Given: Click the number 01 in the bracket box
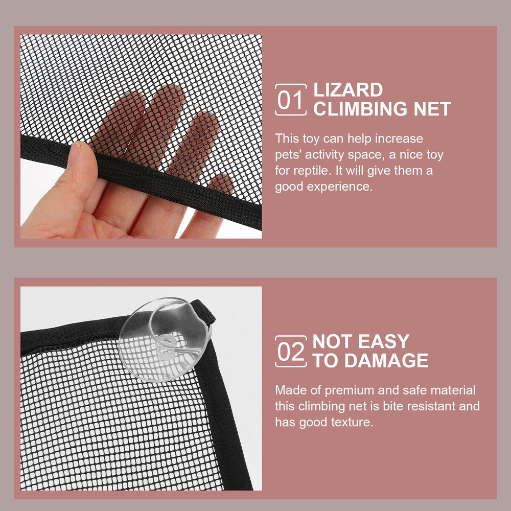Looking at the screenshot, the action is point(290,100).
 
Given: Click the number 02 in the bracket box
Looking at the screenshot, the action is point(290,352).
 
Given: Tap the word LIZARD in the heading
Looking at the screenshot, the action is point(348,90).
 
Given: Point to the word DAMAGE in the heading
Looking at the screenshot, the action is point(386,360).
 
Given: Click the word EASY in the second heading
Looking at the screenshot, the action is point(384,341).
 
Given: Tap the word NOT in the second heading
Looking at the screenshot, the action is point(333,341).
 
